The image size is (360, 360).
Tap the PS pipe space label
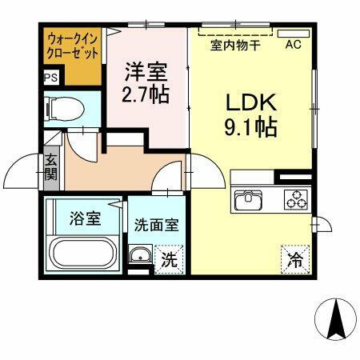(x=50, y=78)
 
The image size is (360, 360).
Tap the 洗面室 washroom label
(x=156, y=226)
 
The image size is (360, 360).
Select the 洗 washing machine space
(x=168, y=259)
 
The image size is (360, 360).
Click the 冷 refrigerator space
(x=295, y=258)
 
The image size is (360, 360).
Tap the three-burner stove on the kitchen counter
(x=294, y=199)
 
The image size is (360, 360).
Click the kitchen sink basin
(x=248, y=199)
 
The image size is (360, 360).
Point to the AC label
(x=294, y=45)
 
